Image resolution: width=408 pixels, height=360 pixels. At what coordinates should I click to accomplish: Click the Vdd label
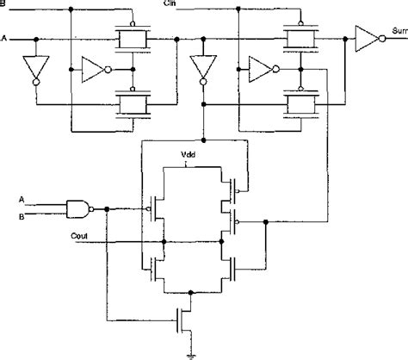tap(189, 156)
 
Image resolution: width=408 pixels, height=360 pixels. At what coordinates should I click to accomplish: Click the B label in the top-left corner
tap(4, 4)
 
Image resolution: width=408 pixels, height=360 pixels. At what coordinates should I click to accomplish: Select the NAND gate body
tap(78, 207)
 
